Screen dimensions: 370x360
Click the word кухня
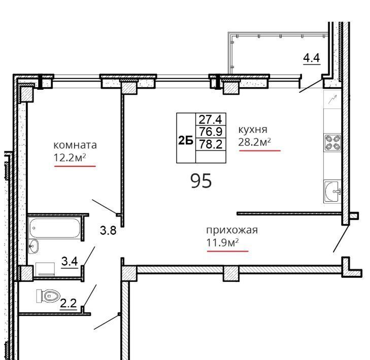click(x=253, y=130)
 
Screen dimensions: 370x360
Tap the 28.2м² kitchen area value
click(x=254, y=142)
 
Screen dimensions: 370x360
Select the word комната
click(x=75, y=145)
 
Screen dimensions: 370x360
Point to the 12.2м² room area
click(x=70, y=158)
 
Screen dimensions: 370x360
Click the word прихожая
click(x=232, y=230)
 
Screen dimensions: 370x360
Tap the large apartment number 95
click(x=201, y=181)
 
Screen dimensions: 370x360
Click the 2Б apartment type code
click(x=186, y=140)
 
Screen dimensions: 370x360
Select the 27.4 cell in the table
click(x=211, y=119)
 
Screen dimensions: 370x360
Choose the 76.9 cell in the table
click(x=211, y=131)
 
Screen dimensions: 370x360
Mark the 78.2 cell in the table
click(x=211, y=144)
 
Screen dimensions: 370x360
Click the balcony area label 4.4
click(x=312, y=58)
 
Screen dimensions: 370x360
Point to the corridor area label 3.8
click(x=108, y=230)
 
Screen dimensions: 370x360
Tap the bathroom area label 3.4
click(x=70, y=261)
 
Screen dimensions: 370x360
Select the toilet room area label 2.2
click(x=69, y=303)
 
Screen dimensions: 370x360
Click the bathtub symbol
click(x=55, y=228)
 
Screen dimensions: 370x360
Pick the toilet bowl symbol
click(x=48, y=296)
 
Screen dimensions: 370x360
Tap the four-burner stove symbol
click(x=333, y=142)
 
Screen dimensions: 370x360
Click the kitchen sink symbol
click(x=332, y=191)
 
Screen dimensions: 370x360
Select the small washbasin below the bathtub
click(x=33, y=246)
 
